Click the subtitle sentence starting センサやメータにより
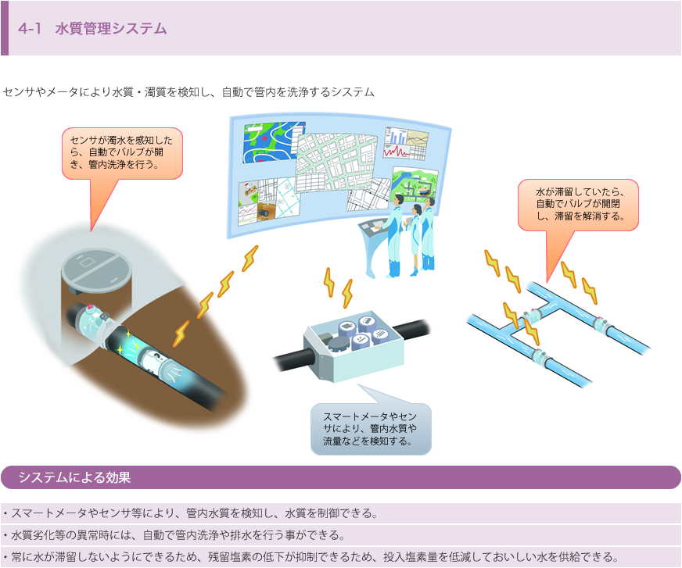[x=188, y=92]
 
